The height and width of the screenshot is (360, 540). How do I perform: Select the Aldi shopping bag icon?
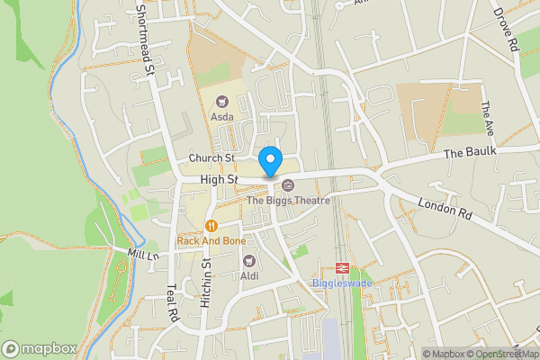click(248, 260)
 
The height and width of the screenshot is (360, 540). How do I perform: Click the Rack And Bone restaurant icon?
click(211, 225)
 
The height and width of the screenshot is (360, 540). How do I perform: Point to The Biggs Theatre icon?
click(288, 185)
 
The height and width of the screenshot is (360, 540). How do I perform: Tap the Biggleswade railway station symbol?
click(342, 267)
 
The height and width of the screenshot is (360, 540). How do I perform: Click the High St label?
click(219, 180)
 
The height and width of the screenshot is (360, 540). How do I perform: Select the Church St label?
click(211, 158)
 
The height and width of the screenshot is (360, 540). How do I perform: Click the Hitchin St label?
click(206, 284)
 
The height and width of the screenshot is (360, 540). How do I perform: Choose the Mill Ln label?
click(142, 256)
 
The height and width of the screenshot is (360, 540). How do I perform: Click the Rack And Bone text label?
click(211, 241)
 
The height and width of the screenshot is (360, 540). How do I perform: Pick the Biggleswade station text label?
click(342, 283)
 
